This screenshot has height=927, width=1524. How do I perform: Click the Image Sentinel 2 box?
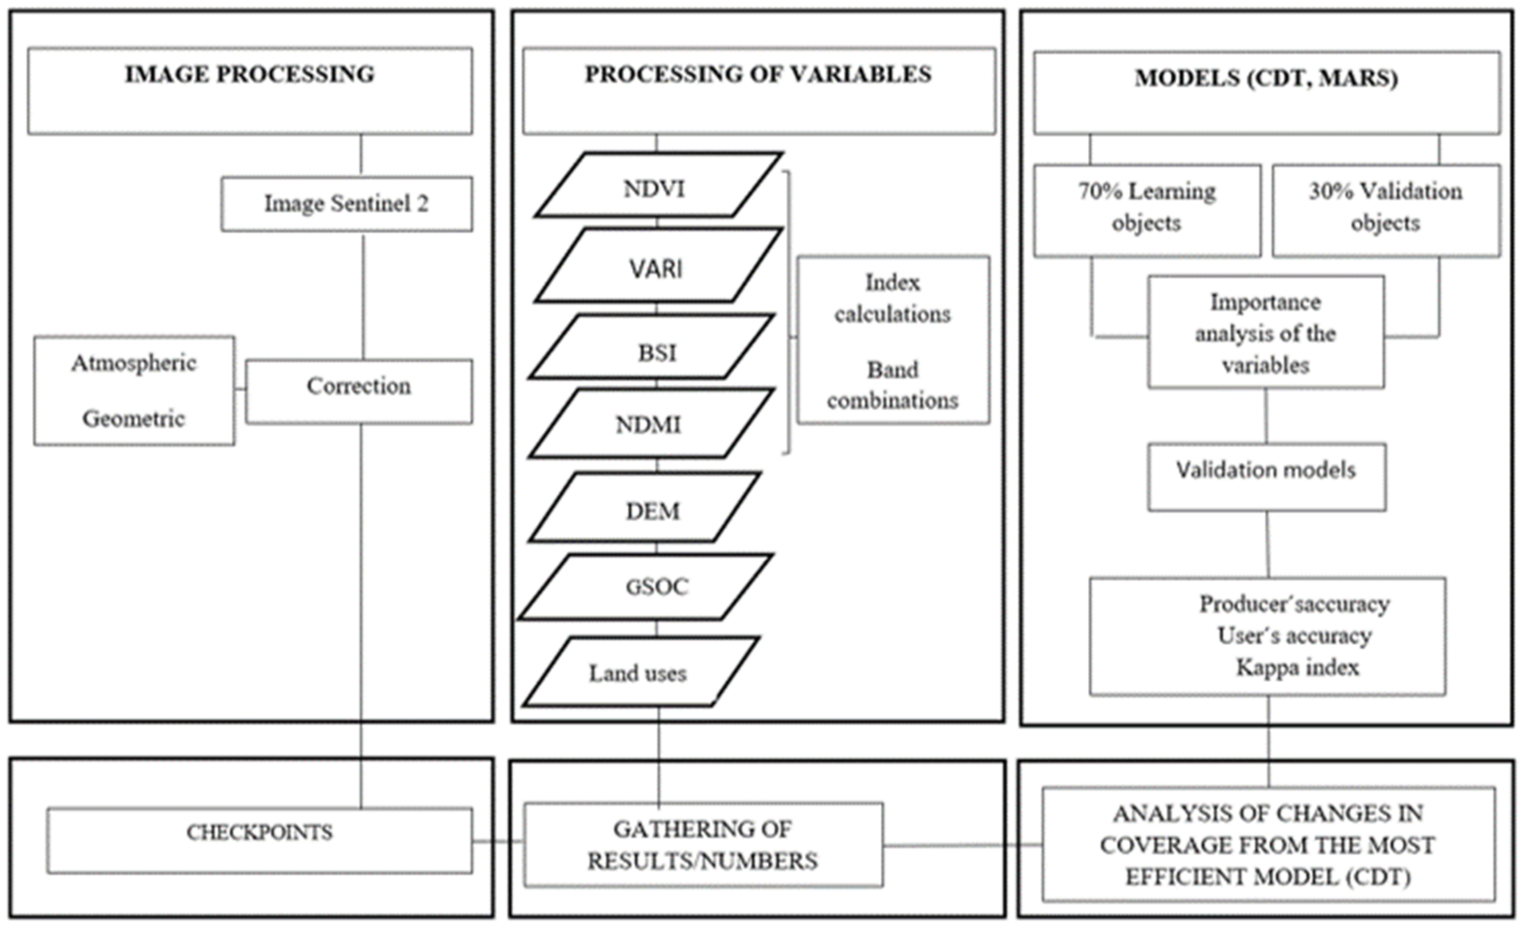[346, 204]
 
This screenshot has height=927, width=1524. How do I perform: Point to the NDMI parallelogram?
[650, 424]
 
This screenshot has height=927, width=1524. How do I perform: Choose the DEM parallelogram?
[646, 509]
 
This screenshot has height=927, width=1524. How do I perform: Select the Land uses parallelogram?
[640, 673]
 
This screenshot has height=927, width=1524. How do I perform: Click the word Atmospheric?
[134, 363]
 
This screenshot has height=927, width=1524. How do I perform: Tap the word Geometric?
[134, 419]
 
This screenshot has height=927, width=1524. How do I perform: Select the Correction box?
[359, 392]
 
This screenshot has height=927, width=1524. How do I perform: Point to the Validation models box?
[1266, 476]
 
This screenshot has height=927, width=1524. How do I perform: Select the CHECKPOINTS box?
[260, 840]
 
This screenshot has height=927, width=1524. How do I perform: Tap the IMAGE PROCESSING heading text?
[250, 74]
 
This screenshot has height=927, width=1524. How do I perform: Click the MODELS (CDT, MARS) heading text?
[1266, 78]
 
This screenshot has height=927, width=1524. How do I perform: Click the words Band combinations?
[892, 385]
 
